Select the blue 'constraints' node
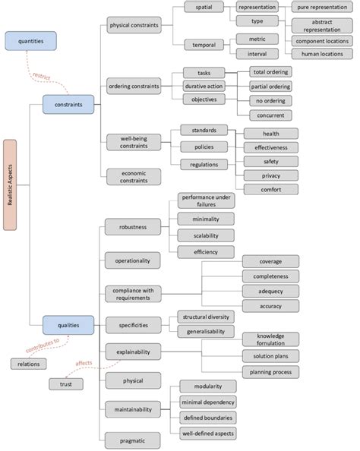tap(68, 104)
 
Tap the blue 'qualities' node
tap(68, 325)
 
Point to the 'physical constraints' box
tap(133, 24)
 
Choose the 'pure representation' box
tap(322, 7)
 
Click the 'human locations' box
tap(322, 54)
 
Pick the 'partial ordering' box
tap(271, 86)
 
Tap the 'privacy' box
tap(270, 175)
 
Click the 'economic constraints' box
tap(133, 178)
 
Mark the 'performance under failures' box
tap(206, 201)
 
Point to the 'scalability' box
tap(206, 235)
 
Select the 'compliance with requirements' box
tap(133, 293)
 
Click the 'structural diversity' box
tap(206, 316)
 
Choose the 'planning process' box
tap(270, 372)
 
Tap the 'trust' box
tap(66, 384)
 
